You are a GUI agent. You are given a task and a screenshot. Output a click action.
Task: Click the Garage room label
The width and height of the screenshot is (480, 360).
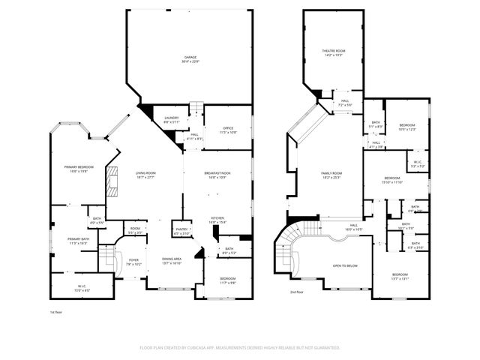[x=190, y=59]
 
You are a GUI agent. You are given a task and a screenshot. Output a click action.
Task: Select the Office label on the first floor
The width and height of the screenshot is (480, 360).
[x=227, y=130]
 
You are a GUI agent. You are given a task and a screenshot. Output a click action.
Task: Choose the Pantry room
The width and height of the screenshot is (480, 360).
[x=181, y=232]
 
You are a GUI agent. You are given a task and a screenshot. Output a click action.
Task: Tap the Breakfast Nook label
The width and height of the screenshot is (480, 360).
[x=218, y=175]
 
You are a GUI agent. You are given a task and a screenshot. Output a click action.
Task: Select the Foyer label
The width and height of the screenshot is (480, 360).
[x=133, y=262]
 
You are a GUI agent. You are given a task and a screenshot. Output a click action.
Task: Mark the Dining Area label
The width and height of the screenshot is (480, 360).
[x=172, y=262]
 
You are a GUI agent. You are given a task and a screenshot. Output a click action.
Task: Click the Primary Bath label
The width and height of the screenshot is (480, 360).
[x=79, y=241]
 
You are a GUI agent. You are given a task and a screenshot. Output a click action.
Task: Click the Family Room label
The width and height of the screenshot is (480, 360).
[x=331, y=175]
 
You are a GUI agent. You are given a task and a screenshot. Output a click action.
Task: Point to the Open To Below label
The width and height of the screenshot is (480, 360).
[x=344, y=266]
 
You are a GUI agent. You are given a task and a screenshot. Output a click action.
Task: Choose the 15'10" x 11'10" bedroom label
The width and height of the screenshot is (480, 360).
[x=393, y=180]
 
